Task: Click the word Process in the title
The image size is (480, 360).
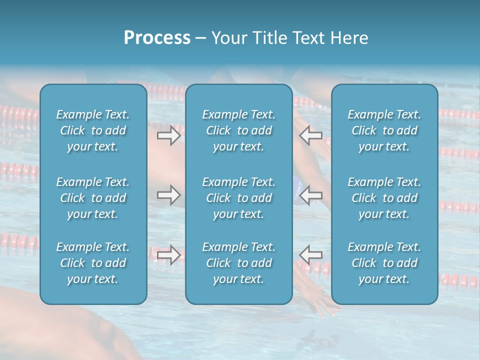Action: coord(157,37)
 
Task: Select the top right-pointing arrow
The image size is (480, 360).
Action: coord(168,135)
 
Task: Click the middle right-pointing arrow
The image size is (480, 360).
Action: coord(168,194)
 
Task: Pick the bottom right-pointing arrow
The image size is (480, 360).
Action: coord(168,254)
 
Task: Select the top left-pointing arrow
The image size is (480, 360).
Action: coord(310,135)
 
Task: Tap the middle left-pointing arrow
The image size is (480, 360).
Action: coord(310,194)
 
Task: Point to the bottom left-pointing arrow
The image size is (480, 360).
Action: coord(310,254)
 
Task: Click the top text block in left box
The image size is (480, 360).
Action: coord(93,130)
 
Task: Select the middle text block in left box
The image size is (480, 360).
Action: coord(93,198)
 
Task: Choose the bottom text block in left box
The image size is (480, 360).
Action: coord(93,263)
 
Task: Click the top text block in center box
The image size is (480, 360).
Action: coord(239,130)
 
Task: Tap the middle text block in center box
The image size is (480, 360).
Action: coord(239,198)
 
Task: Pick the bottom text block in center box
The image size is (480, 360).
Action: coord(239,263)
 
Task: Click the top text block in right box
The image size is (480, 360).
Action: coord(384,130)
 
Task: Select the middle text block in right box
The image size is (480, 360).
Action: coord(384,198)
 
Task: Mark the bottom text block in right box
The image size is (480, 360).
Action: coord(384,263)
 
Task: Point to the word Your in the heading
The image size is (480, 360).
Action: coord(228,37)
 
